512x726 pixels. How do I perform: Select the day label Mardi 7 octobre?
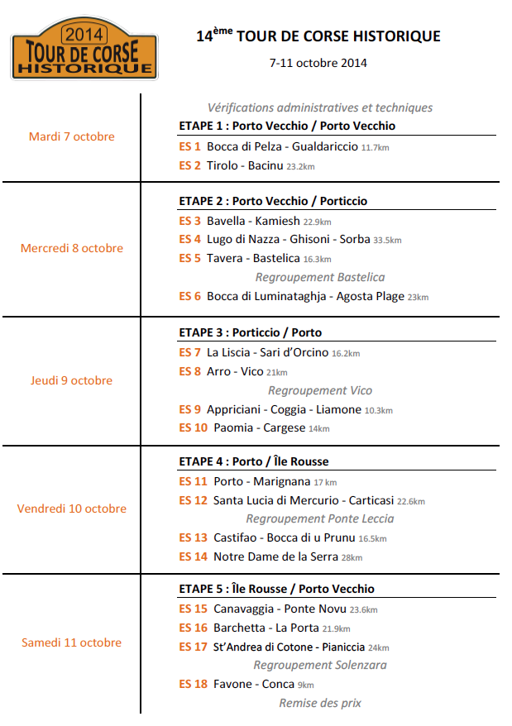[x=71, y=136]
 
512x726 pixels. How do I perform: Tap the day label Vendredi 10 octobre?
[x=71, y=509]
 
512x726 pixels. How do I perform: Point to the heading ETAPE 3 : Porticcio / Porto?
[x=250, y=332]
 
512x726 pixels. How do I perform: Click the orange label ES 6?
[x=189, y=296]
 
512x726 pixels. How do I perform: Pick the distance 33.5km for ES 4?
[x=387, y=240]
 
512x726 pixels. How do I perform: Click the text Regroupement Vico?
[x=320, y=390]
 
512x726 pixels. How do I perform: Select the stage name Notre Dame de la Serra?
[x=275, y=556]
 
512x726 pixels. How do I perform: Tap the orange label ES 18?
[x=193, y=684]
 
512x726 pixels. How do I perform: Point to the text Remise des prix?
[x=320, y=703]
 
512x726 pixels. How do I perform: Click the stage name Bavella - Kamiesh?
[x=253, y=221]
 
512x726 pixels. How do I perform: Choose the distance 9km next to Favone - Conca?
[x=306, y=685]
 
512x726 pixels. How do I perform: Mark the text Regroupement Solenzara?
[x=320, y=665]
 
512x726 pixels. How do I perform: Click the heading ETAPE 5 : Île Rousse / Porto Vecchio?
[x=276, y=589]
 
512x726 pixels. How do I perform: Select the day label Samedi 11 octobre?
[x=71, y=642]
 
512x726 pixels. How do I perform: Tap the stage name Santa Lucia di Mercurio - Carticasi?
[x=304, y=500]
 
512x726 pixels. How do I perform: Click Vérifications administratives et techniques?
[x=320, y=107]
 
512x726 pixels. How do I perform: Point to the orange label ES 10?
[x=193, y=427]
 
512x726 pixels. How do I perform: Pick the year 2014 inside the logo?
[x=83, y=36]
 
